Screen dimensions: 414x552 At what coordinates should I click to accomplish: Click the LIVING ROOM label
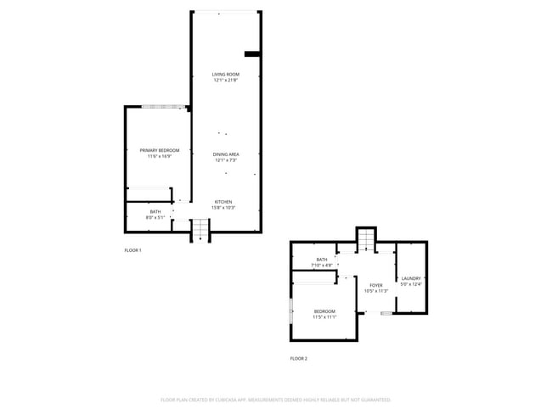tap(225, 75)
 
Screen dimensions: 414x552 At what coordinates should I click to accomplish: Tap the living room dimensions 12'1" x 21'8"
tap(225, 81)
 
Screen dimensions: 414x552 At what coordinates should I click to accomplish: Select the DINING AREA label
tap(225, 154)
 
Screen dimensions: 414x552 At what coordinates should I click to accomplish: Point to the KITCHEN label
tap(223, 202)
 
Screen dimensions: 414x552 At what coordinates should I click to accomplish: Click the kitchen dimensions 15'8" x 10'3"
tap(223, 208)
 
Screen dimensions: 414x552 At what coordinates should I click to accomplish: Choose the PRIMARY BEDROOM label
tap(159, 150)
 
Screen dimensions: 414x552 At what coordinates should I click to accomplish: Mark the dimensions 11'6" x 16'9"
tap(159, 156)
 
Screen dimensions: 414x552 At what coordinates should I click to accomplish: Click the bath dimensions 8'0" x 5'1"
tap(155, 217)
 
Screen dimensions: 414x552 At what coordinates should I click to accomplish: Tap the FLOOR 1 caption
tap(132, 250)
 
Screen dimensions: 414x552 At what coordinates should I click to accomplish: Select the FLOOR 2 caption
tap(298, 359)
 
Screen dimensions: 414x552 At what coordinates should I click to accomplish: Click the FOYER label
tap(376, 285)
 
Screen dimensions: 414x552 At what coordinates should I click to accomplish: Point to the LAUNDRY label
tap(411, 278)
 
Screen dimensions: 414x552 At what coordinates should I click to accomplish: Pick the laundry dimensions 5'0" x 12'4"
tap(411, 284)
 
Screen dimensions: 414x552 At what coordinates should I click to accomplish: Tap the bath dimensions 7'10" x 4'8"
tap(322, 265)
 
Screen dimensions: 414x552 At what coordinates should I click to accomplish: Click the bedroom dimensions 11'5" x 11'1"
tap(324, 317)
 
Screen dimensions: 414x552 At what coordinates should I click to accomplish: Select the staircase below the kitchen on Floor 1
tap(200, 230)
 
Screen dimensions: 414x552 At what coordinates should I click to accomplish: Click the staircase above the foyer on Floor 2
tap(365, 240)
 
